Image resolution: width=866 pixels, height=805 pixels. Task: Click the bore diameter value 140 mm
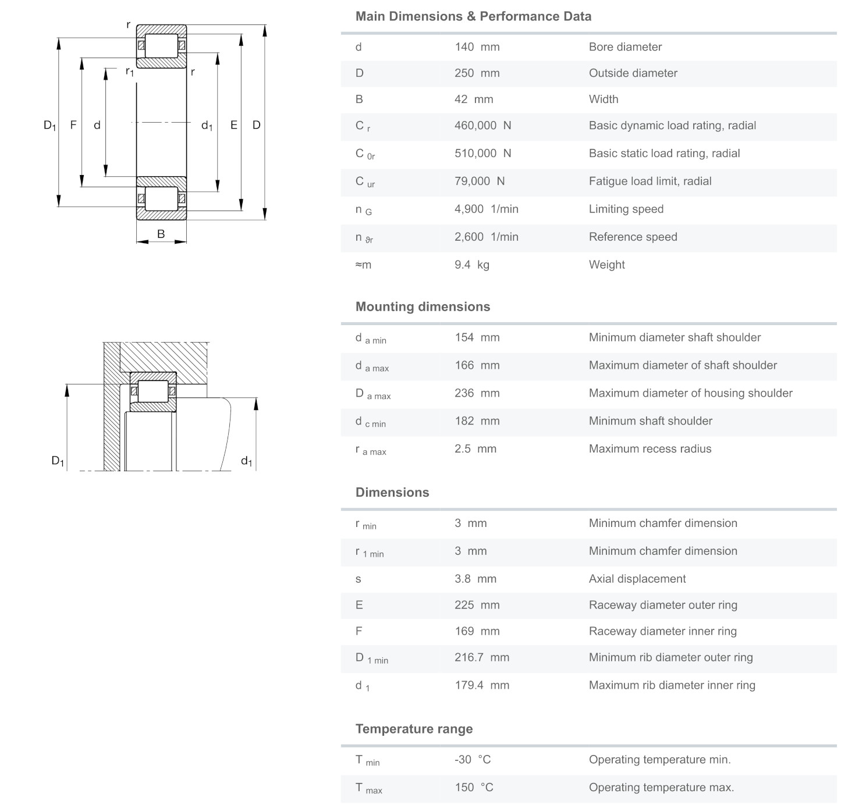[477, 47]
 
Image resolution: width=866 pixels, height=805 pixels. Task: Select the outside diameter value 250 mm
[477, 73]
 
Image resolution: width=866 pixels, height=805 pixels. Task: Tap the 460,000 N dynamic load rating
[482, 126]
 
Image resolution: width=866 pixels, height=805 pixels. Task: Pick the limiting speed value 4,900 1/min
[486, 209]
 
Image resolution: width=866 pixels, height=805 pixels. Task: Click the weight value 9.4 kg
[471, 265]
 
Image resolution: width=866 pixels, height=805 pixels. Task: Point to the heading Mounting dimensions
[423, 307]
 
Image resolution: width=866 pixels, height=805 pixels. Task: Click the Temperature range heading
[414, 729]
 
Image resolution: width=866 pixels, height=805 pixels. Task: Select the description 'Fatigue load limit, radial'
[649, 181]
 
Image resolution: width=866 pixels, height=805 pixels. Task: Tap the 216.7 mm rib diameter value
[481, 658]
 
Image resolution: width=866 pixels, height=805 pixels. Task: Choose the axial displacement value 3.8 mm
[475, 579]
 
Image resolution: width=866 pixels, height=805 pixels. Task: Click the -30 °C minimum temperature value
[473, 760]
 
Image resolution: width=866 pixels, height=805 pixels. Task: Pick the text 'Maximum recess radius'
[649, 449]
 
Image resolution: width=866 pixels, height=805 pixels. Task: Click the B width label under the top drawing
[161, 234]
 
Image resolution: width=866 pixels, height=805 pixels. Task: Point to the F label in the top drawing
[73, 124]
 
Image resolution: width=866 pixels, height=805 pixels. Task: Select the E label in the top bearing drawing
[234, 124]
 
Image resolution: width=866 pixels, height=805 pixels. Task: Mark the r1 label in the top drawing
[129, 72]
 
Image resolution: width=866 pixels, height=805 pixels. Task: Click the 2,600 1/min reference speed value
[486, 237]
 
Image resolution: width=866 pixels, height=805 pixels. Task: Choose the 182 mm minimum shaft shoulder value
[477, 421]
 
